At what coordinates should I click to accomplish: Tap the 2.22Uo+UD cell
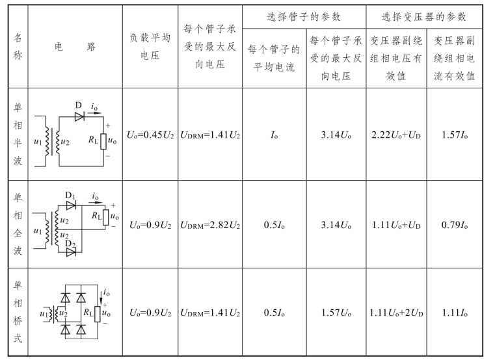tap(396, 135)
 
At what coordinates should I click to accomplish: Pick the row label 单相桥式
tap(18, 313)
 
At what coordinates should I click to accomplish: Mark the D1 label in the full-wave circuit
tap(70, 195)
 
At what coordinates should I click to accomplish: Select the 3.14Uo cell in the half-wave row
tap(336, 135)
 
